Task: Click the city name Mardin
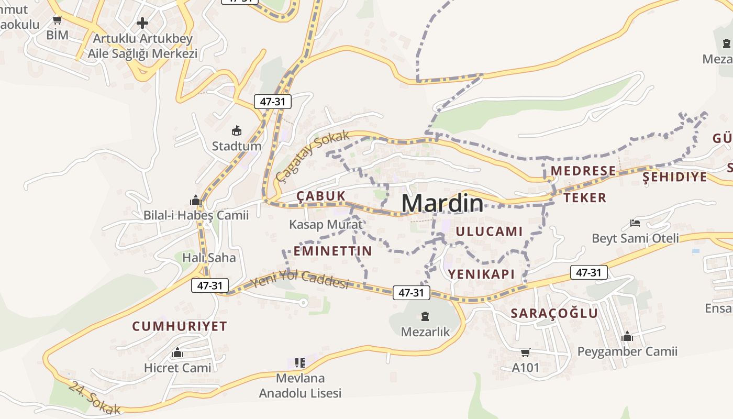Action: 442,203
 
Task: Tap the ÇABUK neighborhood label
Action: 321,196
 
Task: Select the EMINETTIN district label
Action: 332,251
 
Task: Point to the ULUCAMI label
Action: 489,231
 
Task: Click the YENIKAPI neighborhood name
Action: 481,273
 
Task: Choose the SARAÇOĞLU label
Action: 554,313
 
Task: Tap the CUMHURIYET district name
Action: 180,326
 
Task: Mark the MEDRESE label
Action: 583,171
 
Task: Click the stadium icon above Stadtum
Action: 237,130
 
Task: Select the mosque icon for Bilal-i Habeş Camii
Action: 195,200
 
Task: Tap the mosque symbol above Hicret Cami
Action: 177,352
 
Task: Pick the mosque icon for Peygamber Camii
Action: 627,336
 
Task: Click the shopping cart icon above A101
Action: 525,352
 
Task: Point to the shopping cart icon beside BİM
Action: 58,20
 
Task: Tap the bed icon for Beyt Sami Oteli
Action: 635,223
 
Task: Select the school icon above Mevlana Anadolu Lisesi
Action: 300,362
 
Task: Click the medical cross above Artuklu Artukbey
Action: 142,23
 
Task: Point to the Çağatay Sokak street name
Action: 313,156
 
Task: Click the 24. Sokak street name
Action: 95,398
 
